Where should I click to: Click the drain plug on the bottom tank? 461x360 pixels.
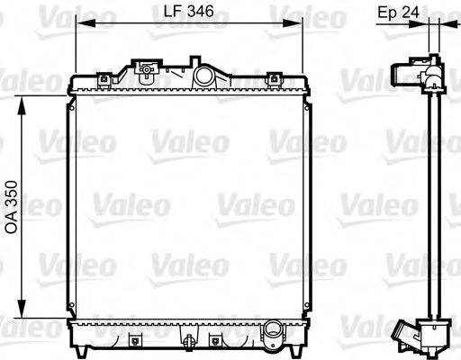[190, 341]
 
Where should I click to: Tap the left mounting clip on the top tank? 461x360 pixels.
[104, 78]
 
